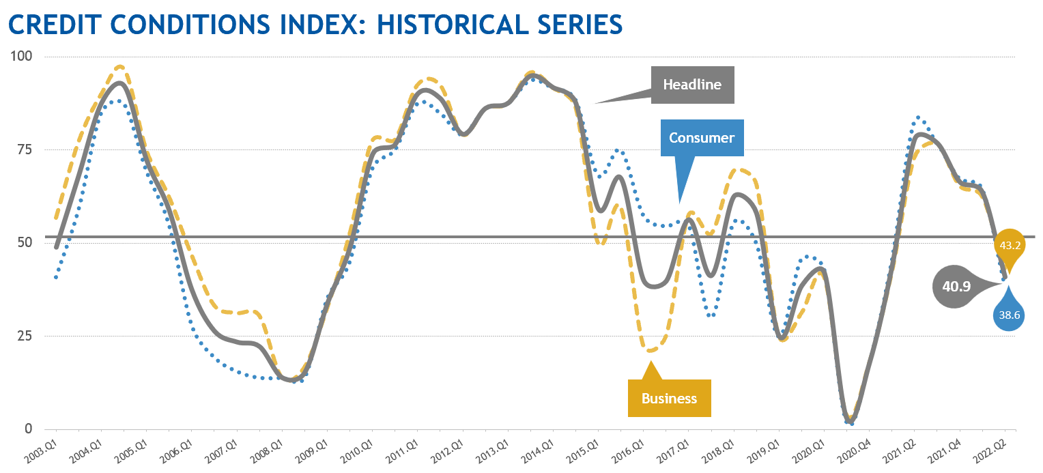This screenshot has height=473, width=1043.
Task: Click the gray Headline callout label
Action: coord(692,85)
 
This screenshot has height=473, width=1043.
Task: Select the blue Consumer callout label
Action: coord(701,138)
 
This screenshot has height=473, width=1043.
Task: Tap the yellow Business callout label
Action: coord(669,398)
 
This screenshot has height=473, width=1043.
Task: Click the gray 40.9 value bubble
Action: coord(956,287)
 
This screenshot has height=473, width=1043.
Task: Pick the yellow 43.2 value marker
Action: coord(1010,245)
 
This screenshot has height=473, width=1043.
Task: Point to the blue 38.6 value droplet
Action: coord(1009,315)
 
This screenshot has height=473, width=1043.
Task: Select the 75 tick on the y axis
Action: coord(24,149)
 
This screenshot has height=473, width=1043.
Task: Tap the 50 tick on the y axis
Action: coord(24,243)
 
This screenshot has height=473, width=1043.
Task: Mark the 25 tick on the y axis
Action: coord(24,336)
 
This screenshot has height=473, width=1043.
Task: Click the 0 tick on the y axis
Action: coord(28,429)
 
